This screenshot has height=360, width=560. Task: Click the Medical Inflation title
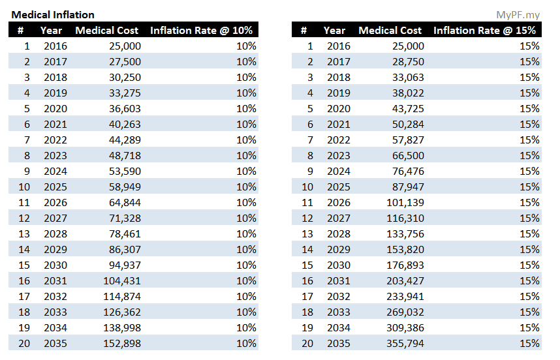coord(53,14)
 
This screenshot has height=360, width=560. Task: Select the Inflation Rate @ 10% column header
coord(201,30)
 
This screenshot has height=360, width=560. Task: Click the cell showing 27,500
coord(122,61)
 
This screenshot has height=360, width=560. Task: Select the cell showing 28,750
coord(405,61)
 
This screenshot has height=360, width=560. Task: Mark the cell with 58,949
coord(122,187)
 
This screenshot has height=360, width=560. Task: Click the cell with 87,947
coord(405,187)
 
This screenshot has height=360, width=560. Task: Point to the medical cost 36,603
coord(122,108)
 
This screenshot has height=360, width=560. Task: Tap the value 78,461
coord(122,233)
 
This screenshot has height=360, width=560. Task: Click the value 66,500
coord(405,155)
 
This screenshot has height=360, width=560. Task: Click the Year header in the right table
coord(334,30)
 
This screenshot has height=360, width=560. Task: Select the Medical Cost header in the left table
coord(107,30)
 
